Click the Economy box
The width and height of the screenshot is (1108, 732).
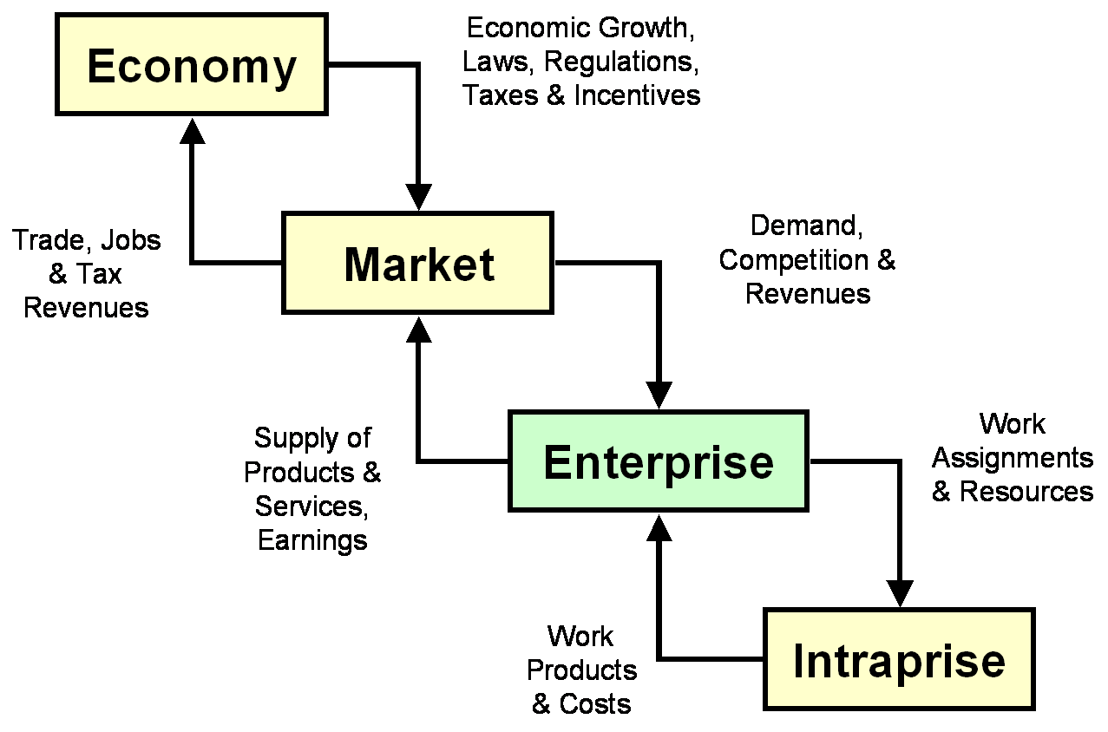point(192,65)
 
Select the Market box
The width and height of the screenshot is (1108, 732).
point(417,263)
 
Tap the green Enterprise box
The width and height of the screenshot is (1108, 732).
point(658,461)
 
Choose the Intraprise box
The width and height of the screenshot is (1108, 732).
point(899,660)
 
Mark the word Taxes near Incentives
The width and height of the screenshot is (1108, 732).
point(505,95)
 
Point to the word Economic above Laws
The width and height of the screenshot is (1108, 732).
point(524,31)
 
